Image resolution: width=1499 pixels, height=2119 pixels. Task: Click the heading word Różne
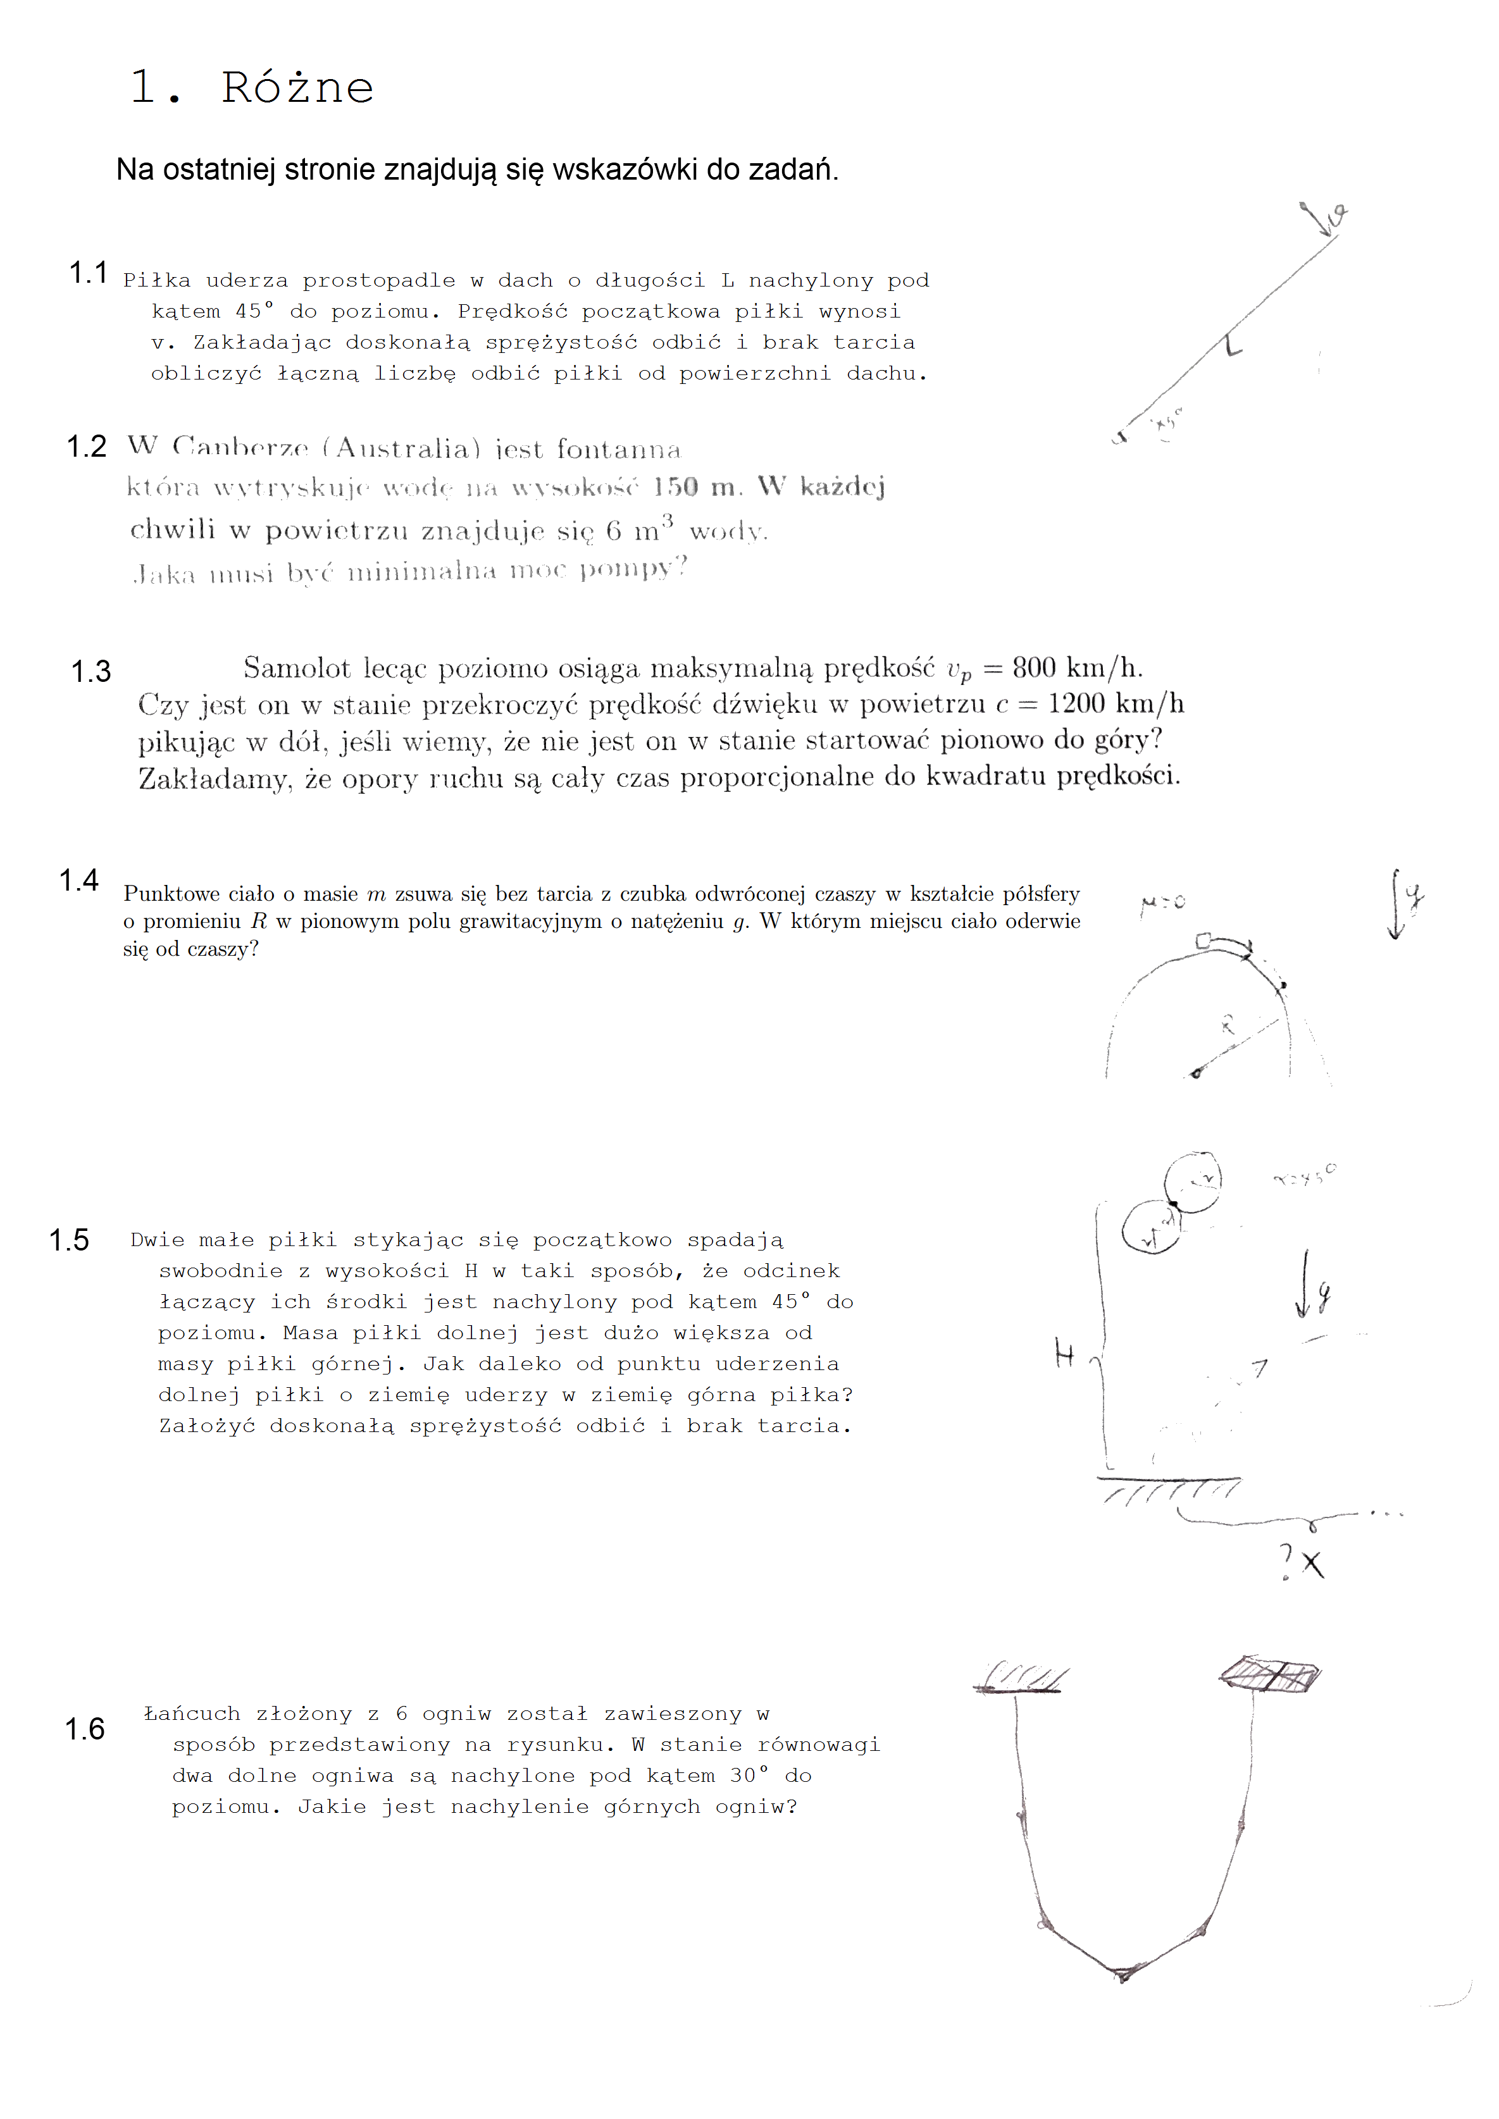[297, 89]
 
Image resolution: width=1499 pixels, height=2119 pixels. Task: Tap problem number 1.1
[88, 273]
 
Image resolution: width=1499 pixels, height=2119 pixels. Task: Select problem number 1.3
[90, 672]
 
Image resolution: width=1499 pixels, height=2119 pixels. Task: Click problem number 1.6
[84, 1729]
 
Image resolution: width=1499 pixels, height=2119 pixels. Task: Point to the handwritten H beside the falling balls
[1064, 1355]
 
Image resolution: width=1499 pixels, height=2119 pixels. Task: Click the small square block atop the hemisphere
[1203, 941]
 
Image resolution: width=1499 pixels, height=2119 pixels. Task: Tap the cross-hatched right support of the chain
[1270, 1674]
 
